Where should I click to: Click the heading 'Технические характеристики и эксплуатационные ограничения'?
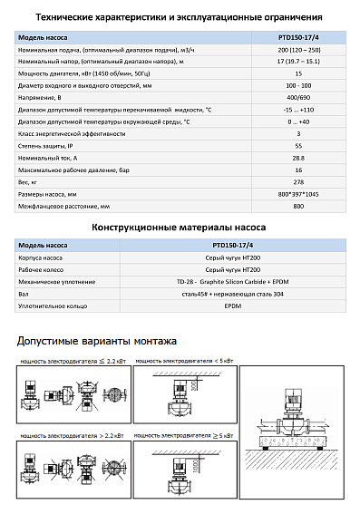[180, 16]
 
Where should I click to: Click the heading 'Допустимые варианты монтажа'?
[97, 341]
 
